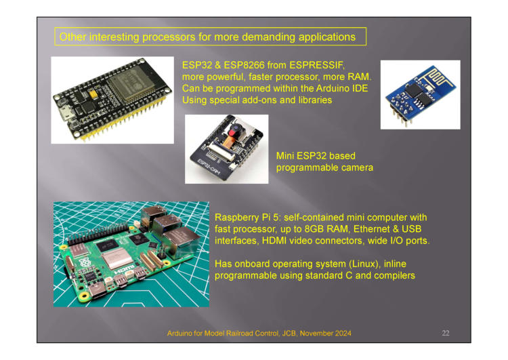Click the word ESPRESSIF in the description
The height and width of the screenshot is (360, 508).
[317, 65]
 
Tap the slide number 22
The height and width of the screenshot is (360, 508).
[446, 333]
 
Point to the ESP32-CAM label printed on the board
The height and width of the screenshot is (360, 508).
[209, 165]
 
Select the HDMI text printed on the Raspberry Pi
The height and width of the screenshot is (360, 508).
[125, 270]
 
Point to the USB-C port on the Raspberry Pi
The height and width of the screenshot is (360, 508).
[98, 290]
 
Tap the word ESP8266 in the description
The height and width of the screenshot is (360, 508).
[244, 65]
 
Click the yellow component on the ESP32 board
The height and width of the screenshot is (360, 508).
[93, 94]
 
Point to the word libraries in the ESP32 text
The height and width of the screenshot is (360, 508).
[315, 100]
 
